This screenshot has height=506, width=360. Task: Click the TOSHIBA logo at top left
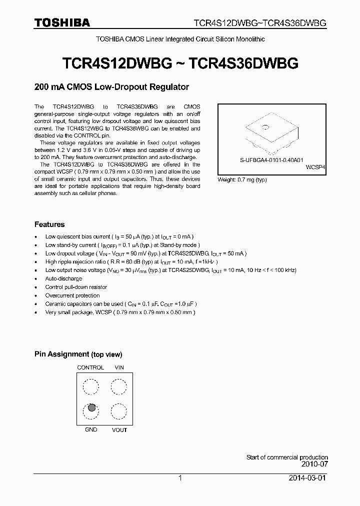[62, 22]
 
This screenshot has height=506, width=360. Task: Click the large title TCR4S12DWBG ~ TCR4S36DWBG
[180, 63]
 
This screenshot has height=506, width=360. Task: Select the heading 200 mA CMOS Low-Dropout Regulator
[111, 87]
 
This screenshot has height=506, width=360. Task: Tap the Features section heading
[49, 224]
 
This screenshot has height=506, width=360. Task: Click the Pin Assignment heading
[78, 354]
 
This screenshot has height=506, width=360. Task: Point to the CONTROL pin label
[90, 367]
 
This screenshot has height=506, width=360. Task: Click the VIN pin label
[119, 367]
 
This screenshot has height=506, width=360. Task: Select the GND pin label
[91, 430]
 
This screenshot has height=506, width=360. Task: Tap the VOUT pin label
[119, 430]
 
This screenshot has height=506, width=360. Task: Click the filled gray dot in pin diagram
[91, 407]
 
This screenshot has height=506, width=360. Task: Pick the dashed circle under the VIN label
[119, 386]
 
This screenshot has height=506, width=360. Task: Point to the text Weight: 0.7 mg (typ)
[242, 179]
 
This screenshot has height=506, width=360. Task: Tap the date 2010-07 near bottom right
[316, 464]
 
